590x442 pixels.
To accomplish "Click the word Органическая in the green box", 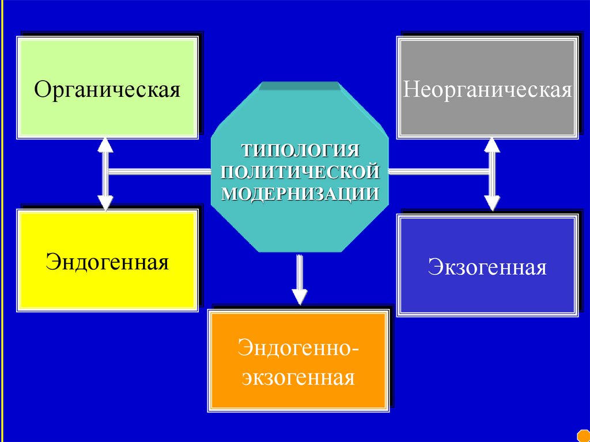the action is pos(107,90).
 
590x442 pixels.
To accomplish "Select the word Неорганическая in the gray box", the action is pos(487,90).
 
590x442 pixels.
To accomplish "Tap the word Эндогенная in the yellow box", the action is pos(107,262).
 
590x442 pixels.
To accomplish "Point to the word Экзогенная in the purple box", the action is pos(487,267).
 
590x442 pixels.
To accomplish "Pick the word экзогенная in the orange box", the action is pos(298,378).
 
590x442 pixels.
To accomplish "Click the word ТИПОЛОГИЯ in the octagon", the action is pos(300,151).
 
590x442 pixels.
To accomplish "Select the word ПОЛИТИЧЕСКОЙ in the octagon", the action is pos(300,172).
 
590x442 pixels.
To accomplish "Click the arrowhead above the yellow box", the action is pos(105,202).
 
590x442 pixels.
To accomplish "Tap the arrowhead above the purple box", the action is pos(491,203).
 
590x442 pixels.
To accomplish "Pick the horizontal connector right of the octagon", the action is pos(438,171).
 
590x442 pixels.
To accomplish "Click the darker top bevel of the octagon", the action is pos(300,86).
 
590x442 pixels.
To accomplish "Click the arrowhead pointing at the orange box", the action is pos(299,296).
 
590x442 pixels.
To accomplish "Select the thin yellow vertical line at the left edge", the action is pos(2,219).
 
